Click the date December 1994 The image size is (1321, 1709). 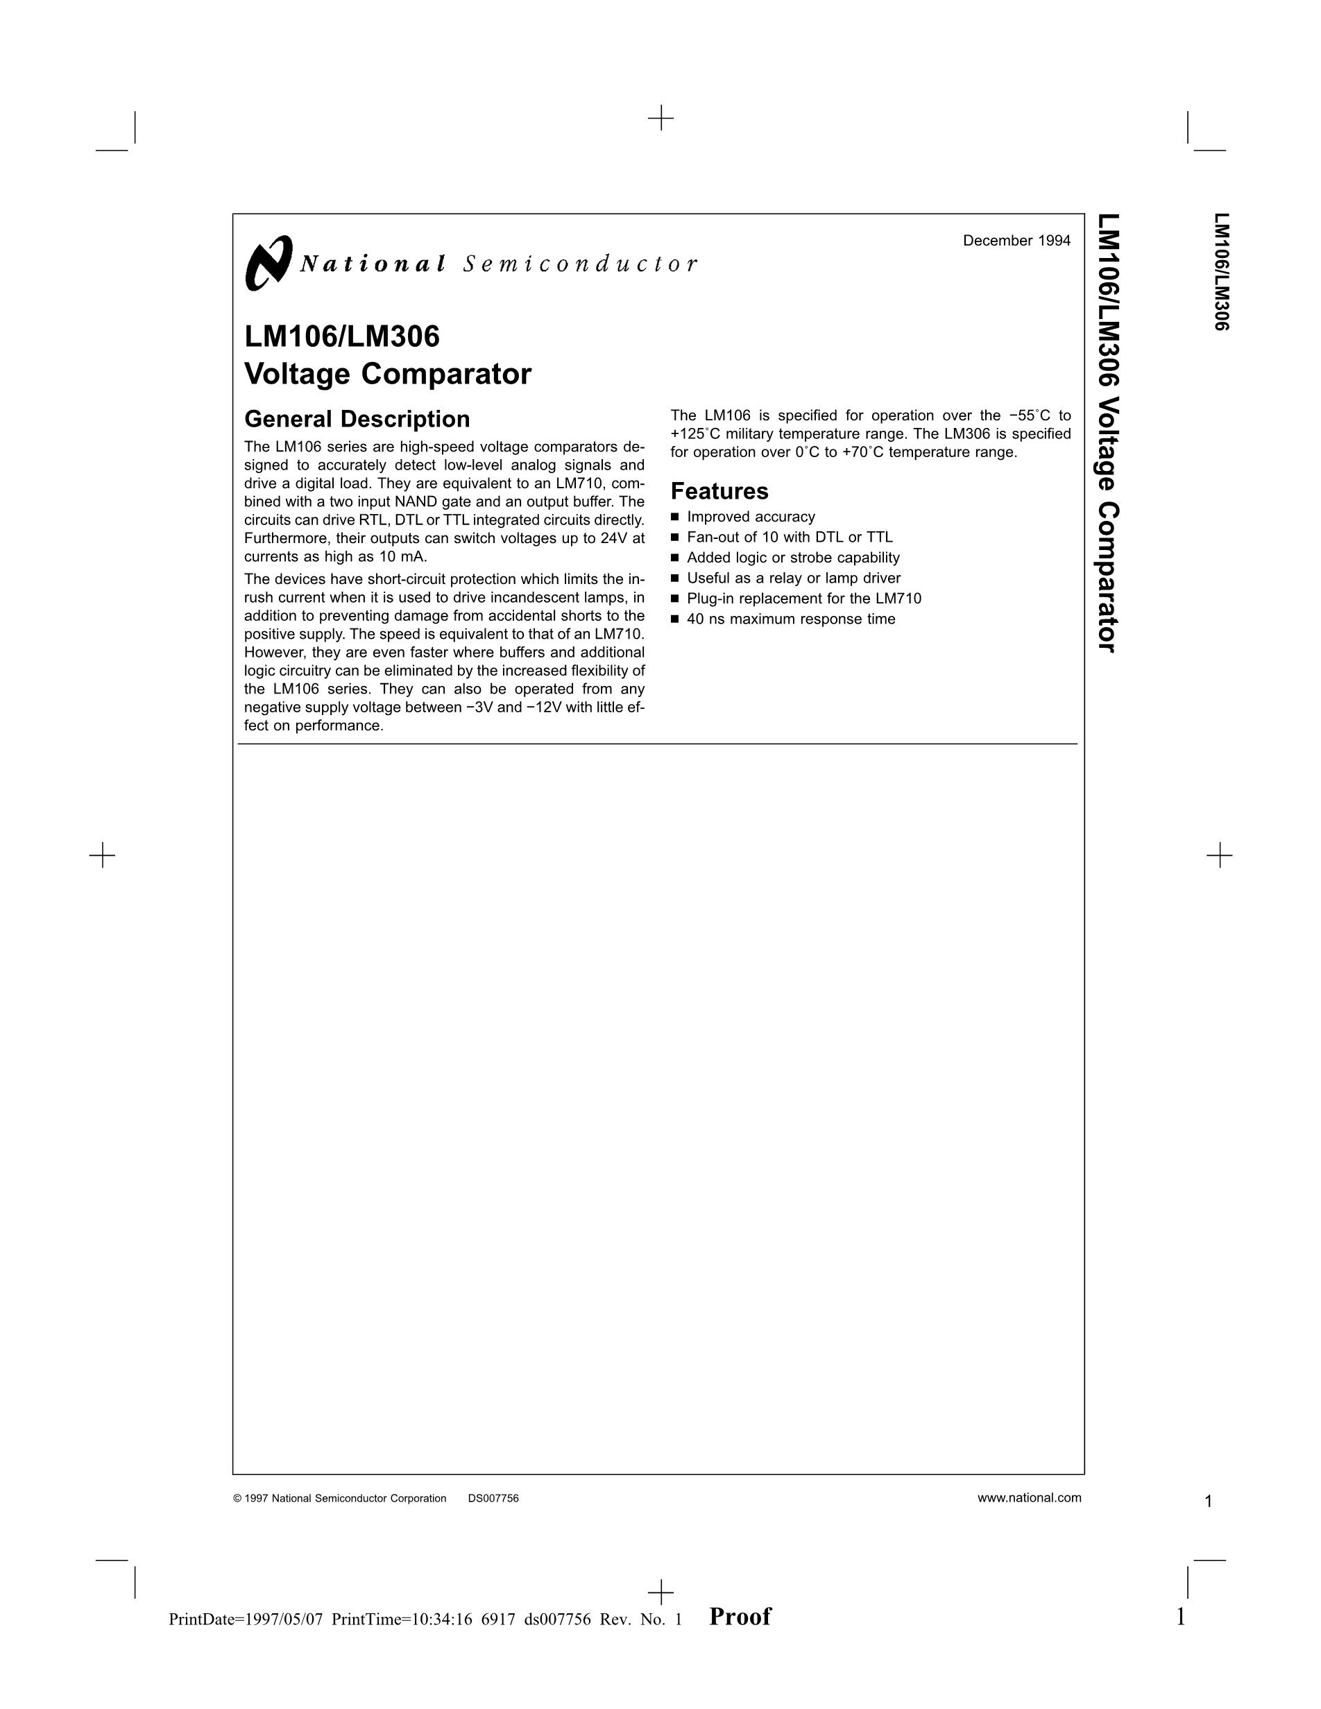[1016, 241]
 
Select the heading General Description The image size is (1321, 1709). [357, 420]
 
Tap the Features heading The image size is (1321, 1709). [719, 492]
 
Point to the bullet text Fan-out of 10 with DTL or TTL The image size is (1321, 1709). [789, 538]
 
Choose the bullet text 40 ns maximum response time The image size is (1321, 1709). [790, 620]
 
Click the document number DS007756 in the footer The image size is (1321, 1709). [493, 1499]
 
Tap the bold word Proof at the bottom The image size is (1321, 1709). [740, 1617]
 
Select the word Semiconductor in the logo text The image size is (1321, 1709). [579, 264]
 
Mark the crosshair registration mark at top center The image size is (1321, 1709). [660, 118]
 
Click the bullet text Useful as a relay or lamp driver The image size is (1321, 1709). [794, 578]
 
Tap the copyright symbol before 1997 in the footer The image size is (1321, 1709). [237, 1499]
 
